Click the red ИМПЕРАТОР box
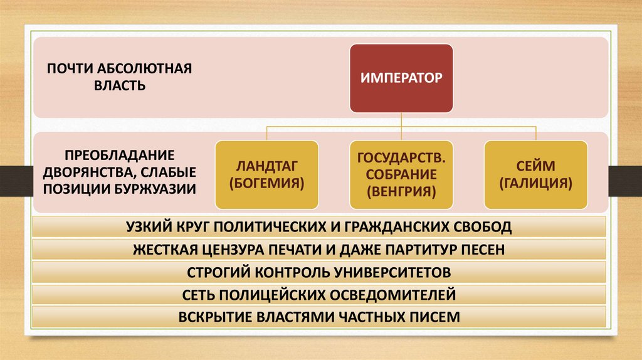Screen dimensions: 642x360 coord(401,78)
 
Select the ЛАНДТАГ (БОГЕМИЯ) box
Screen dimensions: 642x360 coord(266,175)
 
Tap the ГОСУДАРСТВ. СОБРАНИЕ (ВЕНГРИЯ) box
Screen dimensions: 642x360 coord(401,175)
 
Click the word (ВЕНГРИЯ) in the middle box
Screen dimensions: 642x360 coord(401,191)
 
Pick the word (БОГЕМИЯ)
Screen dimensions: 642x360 coord(266,184)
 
